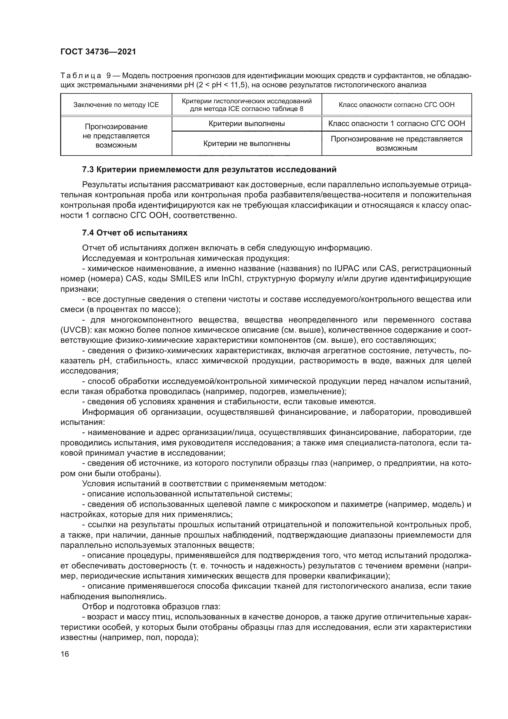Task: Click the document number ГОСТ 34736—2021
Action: tap(98, 52)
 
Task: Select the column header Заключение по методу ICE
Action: tap(116, 105)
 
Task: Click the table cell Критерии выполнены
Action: tap(247, 123)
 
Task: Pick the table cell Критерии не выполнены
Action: tap(247, 144)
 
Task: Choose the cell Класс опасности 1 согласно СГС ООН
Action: tap(396, 123)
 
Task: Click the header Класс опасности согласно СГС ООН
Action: tap(396, 105)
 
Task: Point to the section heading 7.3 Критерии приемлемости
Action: tap(209, 169)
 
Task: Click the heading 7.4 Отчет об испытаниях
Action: tap(135, 233)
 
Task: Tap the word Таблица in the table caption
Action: tap(80, 76)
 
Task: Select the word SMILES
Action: tap(186, 279)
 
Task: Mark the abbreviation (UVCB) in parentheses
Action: tap(75, 330)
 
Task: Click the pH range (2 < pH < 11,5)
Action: tap(221, 85)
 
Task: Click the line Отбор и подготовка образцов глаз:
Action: tap(151, 606)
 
